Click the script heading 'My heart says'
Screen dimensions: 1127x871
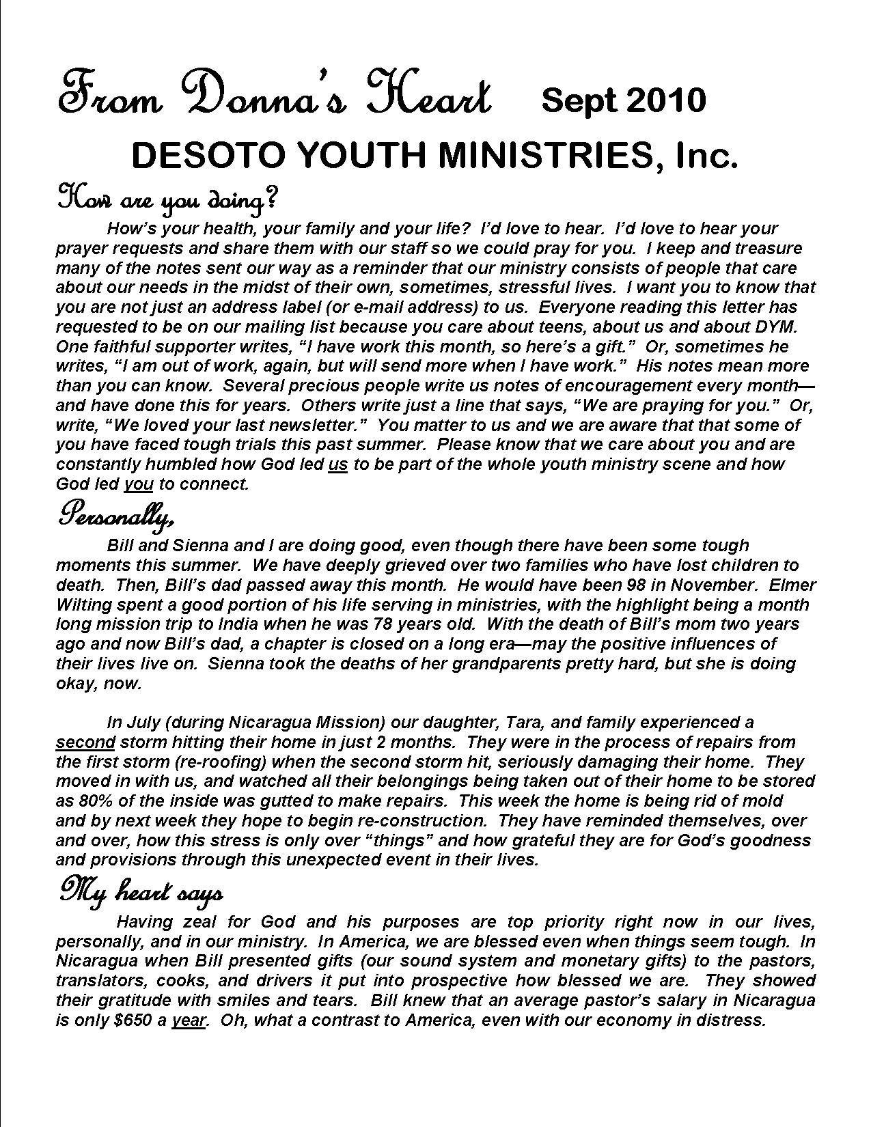140,892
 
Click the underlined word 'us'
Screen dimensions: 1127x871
338,465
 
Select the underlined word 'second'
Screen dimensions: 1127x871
85,742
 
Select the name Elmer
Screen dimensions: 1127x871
792,585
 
